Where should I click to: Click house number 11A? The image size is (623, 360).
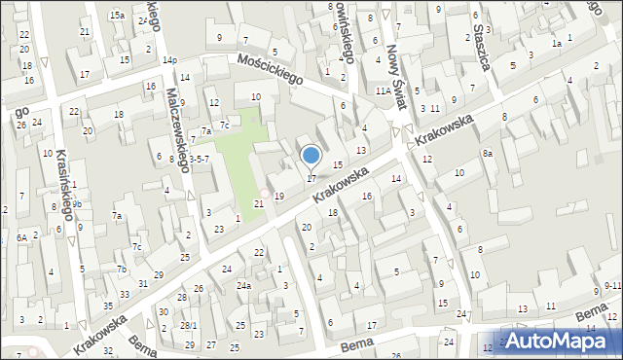tap(383, 90)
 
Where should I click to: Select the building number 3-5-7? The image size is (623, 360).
tap(199, 158)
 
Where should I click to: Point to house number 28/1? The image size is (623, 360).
tap(189, 325)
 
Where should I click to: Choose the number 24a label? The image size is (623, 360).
tap(243, 286)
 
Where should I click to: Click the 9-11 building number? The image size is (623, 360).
tap(612, 285)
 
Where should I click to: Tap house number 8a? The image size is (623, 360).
tap(487, 154)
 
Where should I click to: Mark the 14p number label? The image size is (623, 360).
tap(170, 60)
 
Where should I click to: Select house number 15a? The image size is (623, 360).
tap(117, 16)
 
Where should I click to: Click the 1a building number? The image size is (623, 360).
tap(557, 44)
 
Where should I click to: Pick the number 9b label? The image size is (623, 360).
tap(76, 202)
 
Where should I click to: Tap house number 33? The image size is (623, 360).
tap(124, 294)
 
